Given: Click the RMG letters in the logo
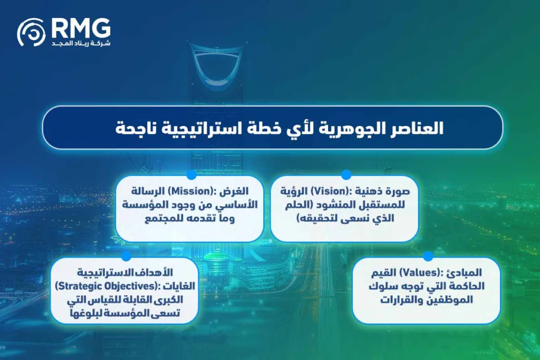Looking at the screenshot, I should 81,27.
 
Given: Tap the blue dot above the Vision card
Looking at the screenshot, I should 346,174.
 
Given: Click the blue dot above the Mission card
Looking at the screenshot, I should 191,174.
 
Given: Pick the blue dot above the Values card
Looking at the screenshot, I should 428,256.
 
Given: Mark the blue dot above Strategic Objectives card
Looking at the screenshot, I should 126,256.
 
